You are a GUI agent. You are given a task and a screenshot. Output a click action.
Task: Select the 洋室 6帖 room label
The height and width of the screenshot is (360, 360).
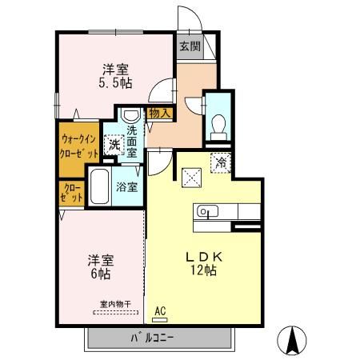point(100,266)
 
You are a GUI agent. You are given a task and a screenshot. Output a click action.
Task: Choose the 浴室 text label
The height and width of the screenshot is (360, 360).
point(126,187)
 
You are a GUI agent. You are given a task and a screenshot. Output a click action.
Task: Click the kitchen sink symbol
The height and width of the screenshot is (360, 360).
point(206,212)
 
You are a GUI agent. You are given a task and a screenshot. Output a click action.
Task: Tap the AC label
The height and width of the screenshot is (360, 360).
point(160,310)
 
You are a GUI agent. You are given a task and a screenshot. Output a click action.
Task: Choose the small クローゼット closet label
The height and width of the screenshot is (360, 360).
point(69,194)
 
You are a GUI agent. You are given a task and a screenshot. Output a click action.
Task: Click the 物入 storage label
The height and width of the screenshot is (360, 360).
point(160,114)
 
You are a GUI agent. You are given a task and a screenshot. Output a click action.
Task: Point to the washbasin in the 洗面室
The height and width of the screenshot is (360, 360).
point(132,114)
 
